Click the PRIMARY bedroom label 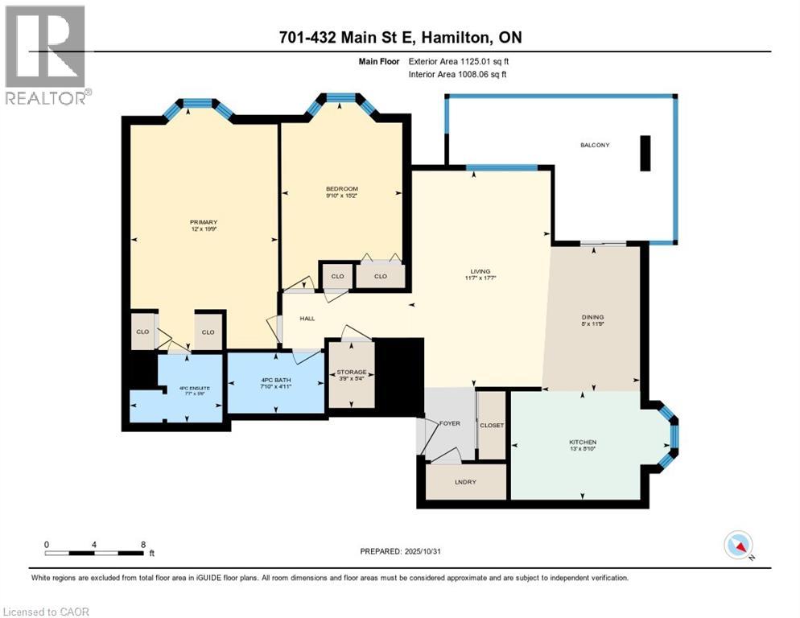click(x=204, y=222)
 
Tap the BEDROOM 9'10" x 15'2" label click(x=341, y=189)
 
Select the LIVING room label click(x=481, y=271)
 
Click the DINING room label click(x=593, y=317)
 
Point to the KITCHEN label click(x=583, y=443)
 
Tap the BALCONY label click(x=595, y=145)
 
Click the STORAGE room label click(x=351, y=372)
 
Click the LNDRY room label click(x=466, y=482)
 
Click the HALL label click(x=307, y=319)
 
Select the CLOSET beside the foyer click(x=491, y=425)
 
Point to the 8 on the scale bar click(x=143, y=545)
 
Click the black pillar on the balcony click(x=645, y=153)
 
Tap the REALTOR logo click(x=46, y=55)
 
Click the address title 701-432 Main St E click(x=400, y=37)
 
